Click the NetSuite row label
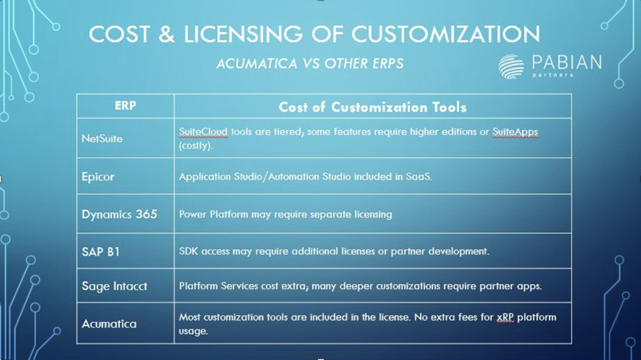(x=102, y=139)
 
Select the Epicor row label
(x=98, y=177)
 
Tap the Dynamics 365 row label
(x=119, y=214)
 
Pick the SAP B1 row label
(x=101, y=252)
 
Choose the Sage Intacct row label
(x=115, y=286)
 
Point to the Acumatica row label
(x=109, y=324)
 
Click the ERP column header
(x=125, y=106)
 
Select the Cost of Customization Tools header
(x=372, y=107)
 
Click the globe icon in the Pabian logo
(x=511, y=66)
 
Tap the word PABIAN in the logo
(x=567, y=63)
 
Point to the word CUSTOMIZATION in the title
(x=446, y=34)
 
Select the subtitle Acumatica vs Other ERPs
(x=310, y=63)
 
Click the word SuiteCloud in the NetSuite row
(x=203, y=131)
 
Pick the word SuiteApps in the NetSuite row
(x=515, y=131)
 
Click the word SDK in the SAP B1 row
(x=188, y=251)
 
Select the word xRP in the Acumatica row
(x=505, y=317)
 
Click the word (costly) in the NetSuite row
(x=196, y=146)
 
